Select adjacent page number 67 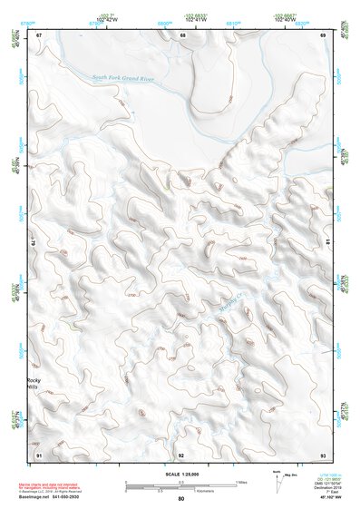click(39, 34)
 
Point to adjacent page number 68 click(182, 34)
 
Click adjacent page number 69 click(323, 34)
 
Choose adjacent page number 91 click(39, 454)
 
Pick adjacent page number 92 click(181, 454)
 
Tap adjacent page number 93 click(323, 454)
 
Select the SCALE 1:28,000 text click(181, 475)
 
